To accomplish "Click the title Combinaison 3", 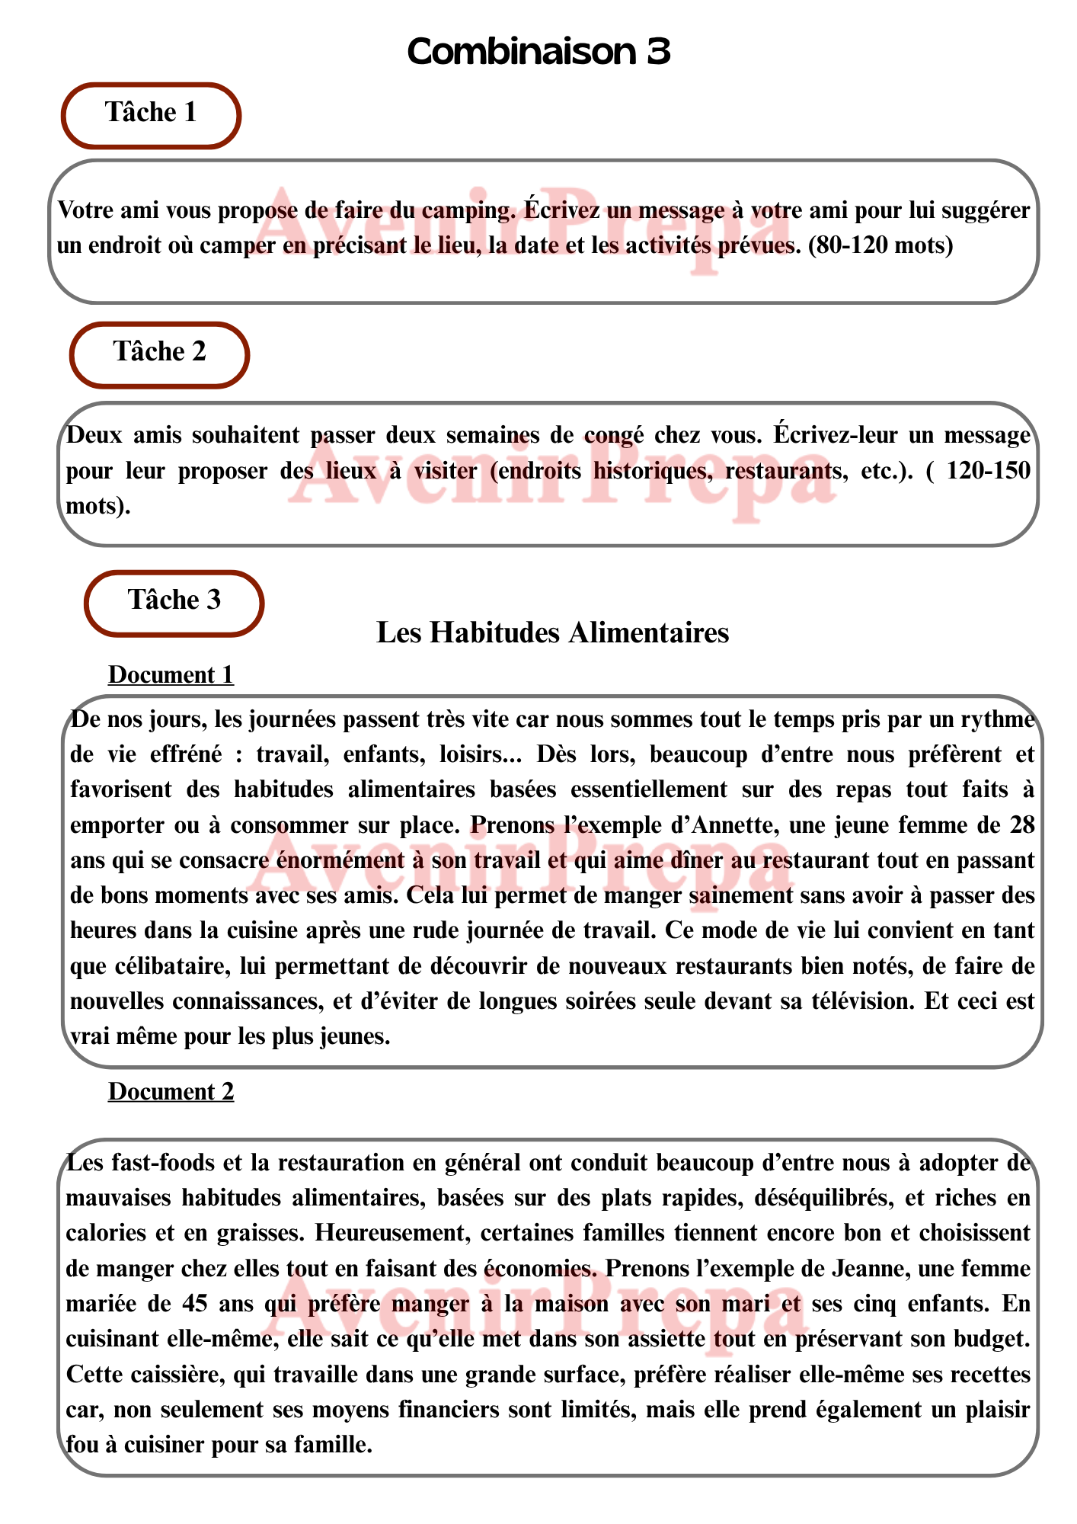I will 538,52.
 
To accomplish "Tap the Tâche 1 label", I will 151,113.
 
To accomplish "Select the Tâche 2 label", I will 160,352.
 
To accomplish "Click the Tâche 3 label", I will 174,600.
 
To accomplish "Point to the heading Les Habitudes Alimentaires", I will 553,632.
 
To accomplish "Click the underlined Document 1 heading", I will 171,675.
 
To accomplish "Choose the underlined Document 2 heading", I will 171,1091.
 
